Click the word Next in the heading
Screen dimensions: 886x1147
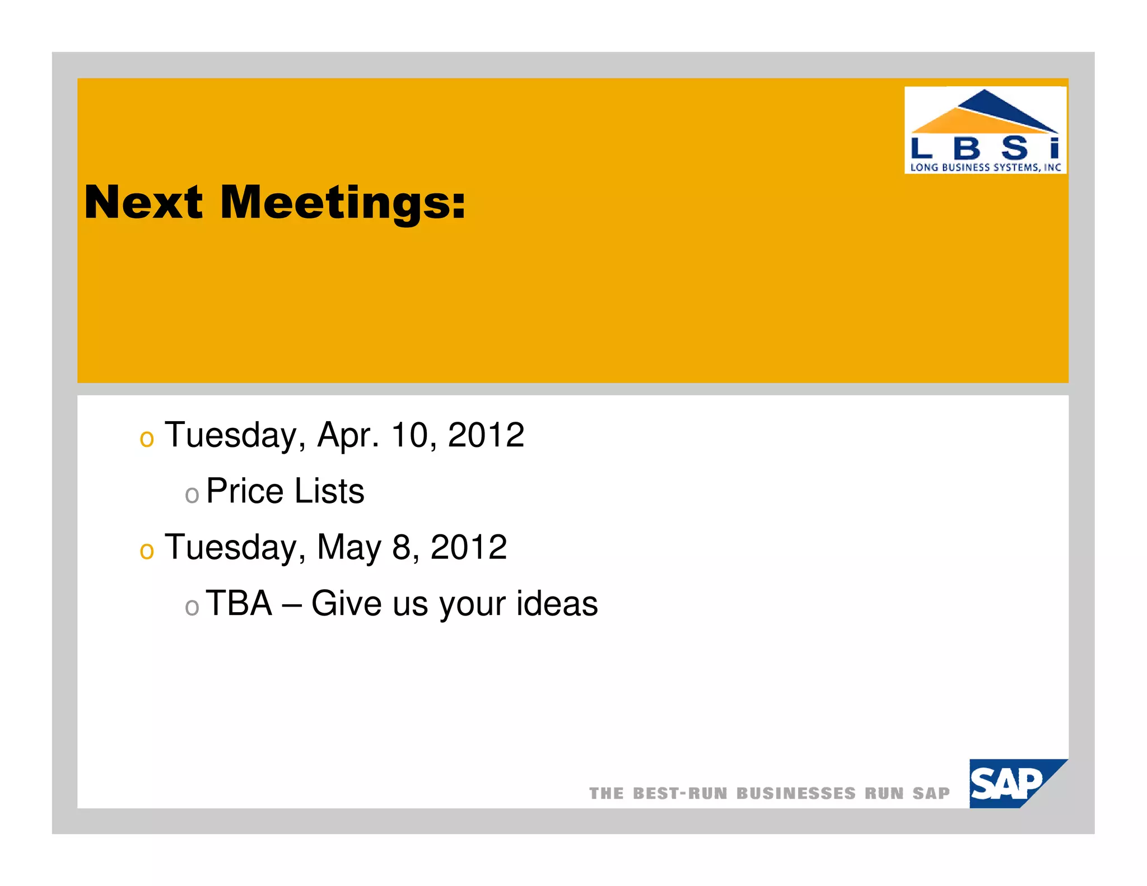pyautogui.click(x=143, y=202)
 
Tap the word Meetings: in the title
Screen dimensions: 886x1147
pyautogui.click(x=342, y=203)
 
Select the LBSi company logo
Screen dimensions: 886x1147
pyautogui.click(x=985, y=129)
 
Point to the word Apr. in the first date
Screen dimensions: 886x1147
pyautogui.click(x=348, y=435)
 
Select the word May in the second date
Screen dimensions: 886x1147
pyautogui.click(x=349, y=547)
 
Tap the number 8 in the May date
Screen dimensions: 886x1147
pyautogui.click(x=402, y=547)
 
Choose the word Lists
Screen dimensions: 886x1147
pyautogui.click(x=329, y=491)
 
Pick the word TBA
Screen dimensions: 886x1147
pyautogui.click(x=239, y=604)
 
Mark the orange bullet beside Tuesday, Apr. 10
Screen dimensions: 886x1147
pyautogui.click(x=147, y=439)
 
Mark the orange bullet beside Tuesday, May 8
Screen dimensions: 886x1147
pyautogui.click(x=147, y=551)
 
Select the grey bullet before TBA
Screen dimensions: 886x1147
pyautogui.click(x=192, y=607)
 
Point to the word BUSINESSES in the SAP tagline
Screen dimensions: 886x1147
pyautogui.click(x=795, y=793)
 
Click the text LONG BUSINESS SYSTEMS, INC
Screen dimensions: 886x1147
pyautogui.click(x=985, y=167)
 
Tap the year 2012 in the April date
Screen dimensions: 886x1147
pyautogui.click(x=486, y=435)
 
